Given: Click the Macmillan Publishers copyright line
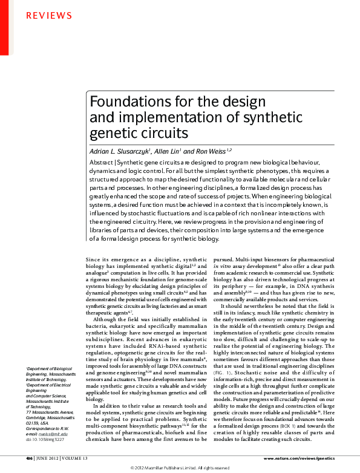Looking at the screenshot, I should (180, 468).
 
